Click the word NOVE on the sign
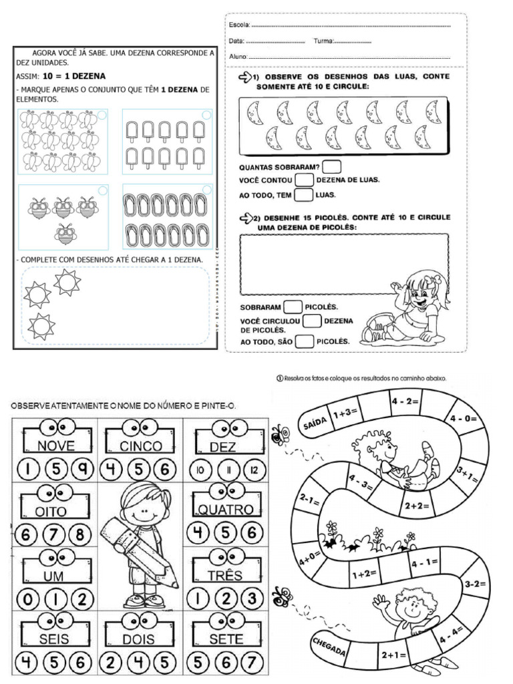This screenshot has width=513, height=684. [x=56, y=446]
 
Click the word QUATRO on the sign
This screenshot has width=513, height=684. [x=225, y=510]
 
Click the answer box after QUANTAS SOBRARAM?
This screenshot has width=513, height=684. [x=332, y=166]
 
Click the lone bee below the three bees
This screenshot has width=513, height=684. [x=65, y=233]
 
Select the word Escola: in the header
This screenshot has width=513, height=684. [x=239, y=25]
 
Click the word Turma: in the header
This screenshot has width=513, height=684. [x=323, y=41]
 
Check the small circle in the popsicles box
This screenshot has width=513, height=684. [x=206, y=115]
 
